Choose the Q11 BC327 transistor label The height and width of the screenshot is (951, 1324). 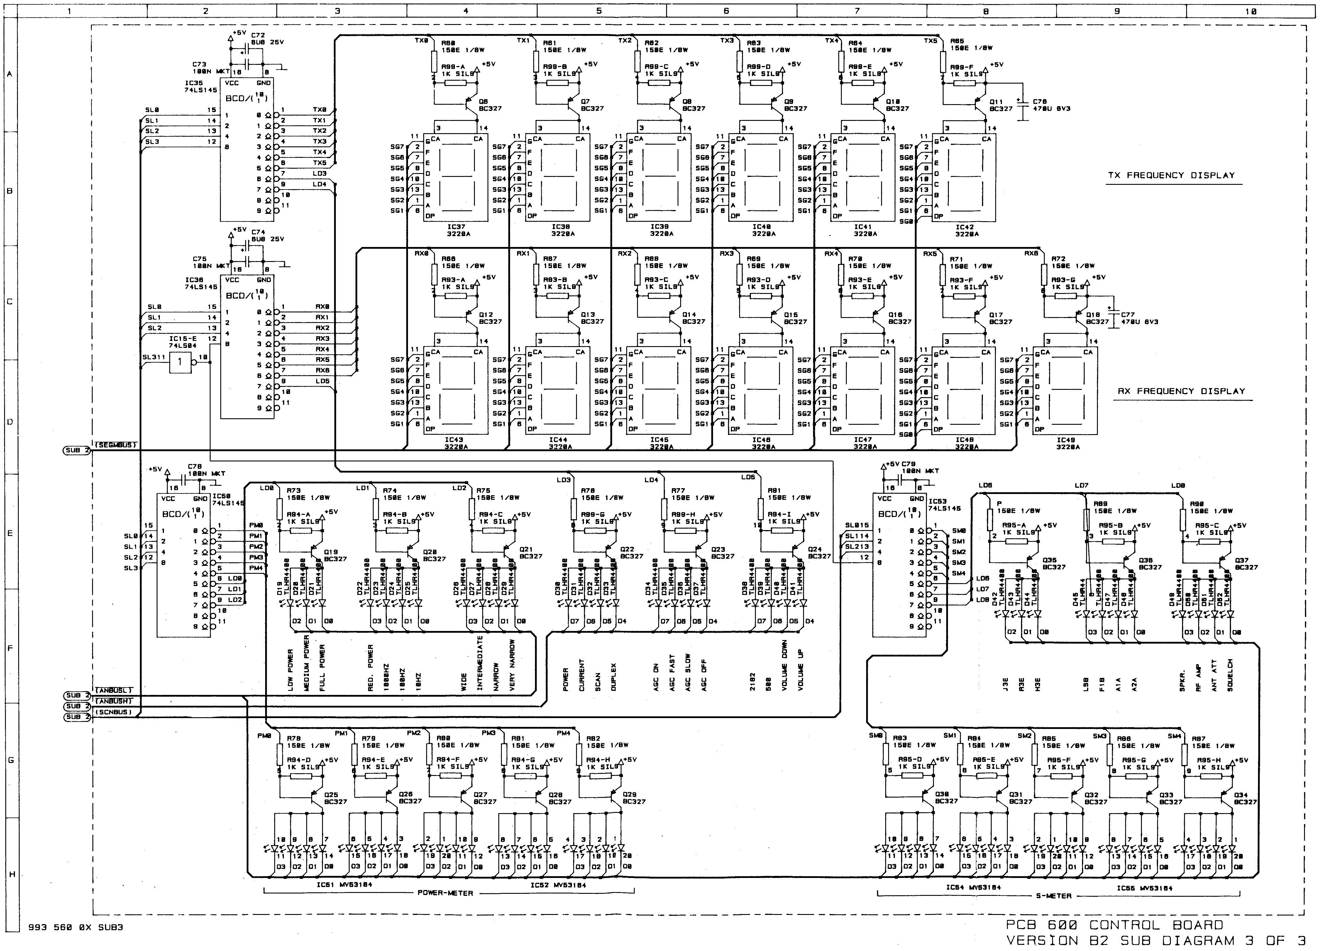coord(1000,105)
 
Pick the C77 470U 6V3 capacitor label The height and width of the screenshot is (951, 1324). coord(1138,318)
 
